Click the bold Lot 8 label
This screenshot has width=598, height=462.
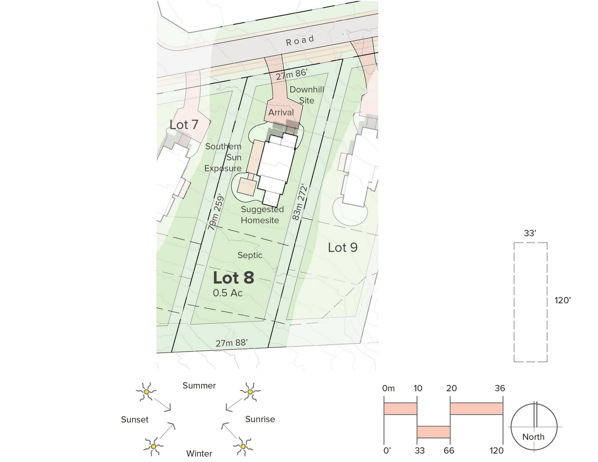234,278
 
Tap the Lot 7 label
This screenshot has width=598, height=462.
184,125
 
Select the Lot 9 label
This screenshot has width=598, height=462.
343,248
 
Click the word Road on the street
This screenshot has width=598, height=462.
300,40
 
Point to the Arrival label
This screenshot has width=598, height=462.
281,112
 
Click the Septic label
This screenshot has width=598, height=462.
250,255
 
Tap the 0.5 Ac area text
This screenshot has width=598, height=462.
228,293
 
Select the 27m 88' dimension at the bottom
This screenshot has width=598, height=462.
232,343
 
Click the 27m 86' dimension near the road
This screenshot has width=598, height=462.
291,74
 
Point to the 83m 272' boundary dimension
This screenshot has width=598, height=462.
300,203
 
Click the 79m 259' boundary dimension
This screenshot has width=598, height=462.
216,212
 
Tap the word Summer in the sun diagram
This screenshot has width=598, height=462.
199,386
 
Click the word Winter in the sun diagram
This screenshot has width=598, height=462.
199,453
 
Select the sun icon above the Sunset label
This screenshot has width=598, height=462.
146,391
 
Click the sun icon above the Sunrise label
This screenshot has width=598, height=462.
250,391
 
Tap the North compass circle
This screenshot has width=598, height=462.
534,427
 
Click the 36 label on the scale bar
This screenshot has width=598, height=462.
500,388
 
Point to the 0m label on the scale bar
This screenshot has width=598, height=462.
388,388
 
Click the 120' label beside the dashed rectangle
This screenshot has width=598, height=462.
563,300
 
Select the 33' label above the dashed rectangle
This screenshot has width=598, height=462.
530,233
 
